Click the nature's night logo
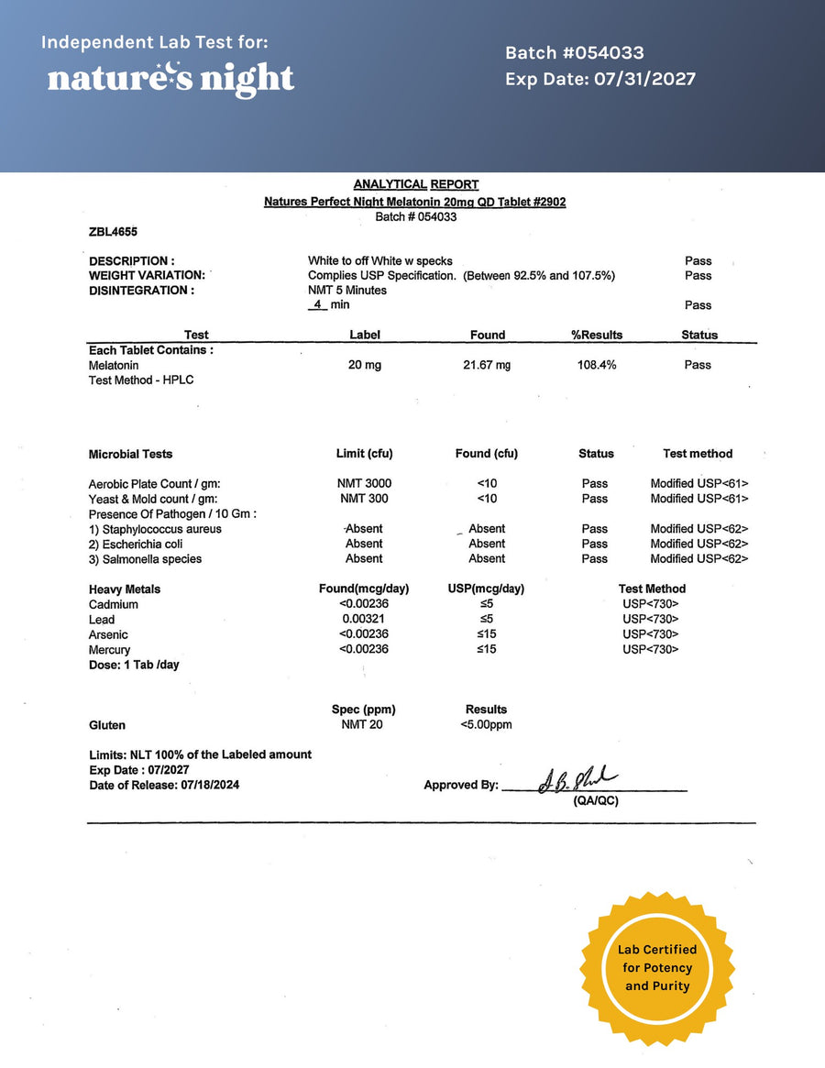click(x=170, y=79)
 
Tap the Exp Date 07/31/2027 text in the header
click(x=599, y=79)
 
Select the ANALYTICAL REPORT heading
click(x=415, y=184)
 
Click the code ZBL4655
click(x=114, y=232)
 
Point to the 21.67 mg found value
click(x=487, y=365)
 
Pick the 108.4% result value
click(x=596, y=365)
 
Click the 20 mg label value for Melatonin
click(x=365, y=365)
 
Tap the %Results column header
click(x=597, y=335)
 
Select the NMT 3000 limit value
click(x=364, y=483)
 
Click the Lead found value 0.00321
click(x=364, y=620)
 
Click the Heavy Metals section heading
click(x=125, y=589)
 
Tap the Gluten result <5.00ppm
click(x=486, y=725)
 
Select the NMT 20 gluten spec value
click(x=362, y=725)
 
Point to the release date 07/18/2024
click(x=212, y=786)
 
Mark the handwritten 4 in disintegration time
click(x=317, y=304)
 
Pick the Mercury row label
click(x=110, y=650)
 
